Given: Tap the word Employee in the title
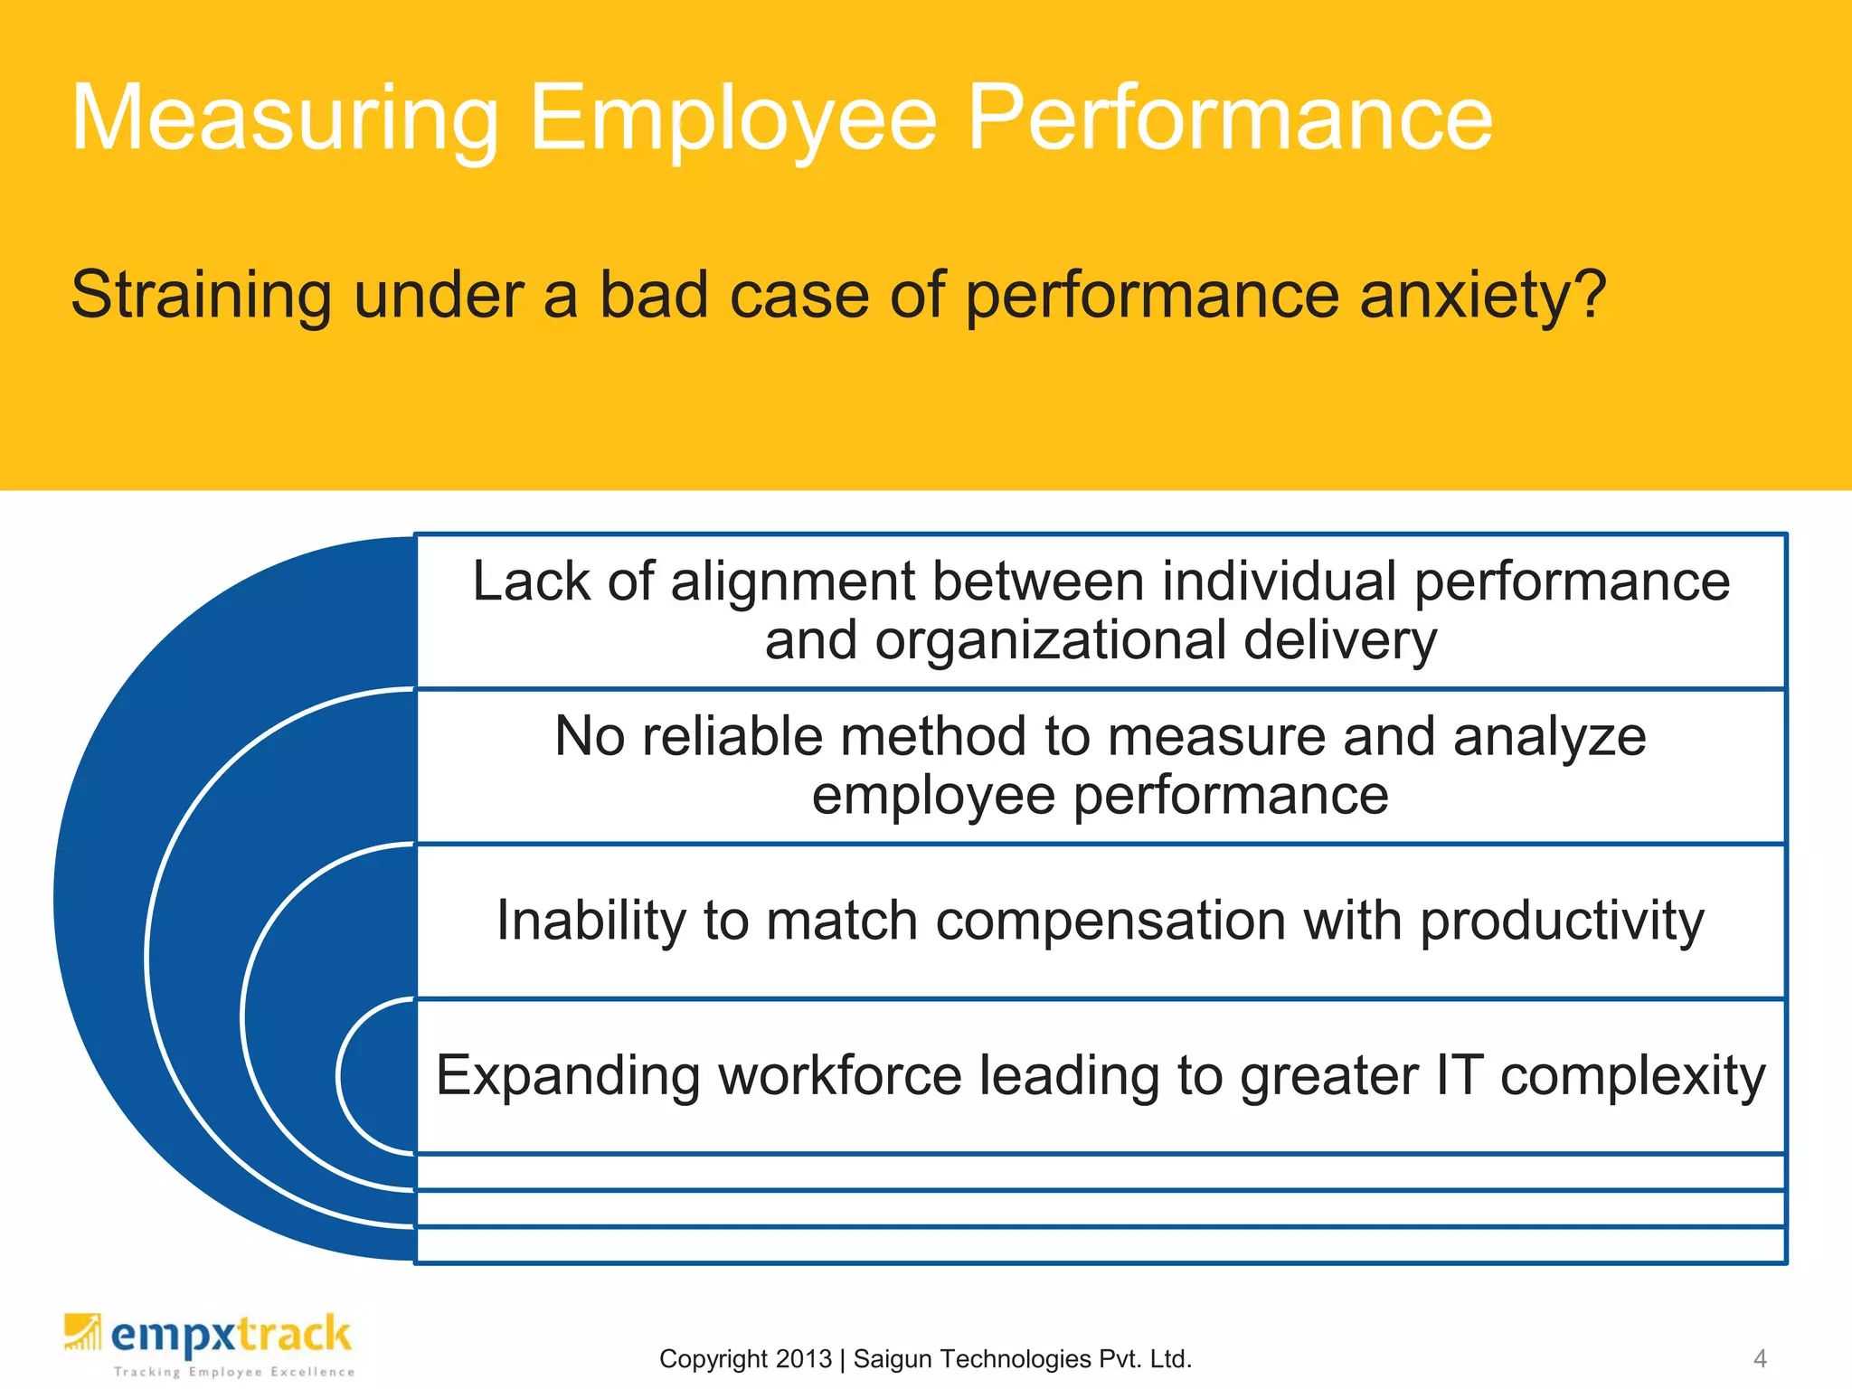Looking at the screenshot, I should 733,119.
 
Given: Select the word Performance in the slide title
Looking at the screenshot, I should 1230,119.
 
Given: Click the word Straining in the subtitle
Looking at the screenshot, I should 202,297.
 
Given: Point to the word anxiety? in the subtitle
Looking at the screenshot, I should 1483,297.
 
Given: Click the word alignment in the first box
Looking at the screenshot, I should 792,581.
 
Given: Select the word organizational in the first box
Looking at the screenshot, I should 1049,641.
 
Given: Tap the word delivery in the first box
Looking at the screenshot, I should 1340,641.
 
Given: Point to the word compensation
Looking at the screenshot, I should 1110,921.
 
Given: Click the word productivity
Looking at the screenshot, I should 1562,921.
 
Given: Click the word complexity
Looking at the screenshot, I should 1633,1076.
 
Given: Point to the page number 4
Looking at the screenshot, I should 1760,1358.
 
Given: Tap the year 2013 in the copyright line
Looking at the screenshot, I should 803,1359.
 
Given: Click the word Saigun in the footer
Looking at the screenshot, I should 895,1359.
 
